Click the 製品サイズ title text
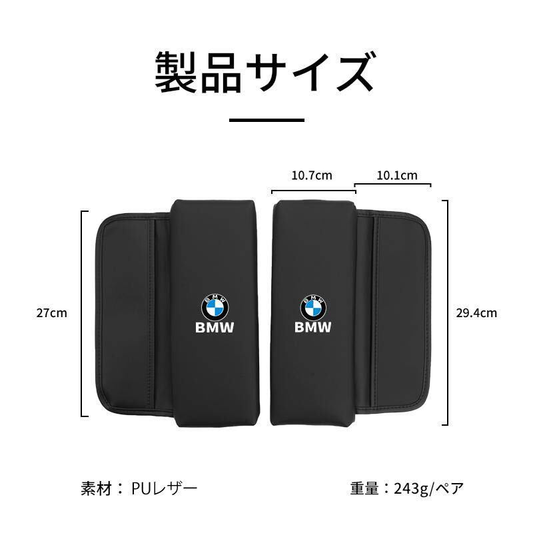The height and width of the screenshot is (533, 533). pyautogui.click(x=266, y=73)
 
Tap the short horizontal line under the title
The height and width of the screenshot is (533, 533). pyautogui.click(x=266, y=120)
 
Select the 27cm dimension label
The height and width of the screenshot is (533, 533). pyautogui.click(x=52, y=312)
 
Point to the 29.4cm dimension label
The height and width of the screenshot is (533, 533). pyautogui.click(x=476, y=312)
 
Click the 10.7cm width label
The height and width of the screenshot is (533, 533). pyautogui.click(x=312, y=175)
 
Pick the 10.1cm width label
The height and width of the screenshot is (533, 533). pyautogui.click(x=397, y=175)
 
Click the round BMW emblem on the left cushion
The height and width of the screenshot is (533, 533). pyautogui.click(x=215, y=307)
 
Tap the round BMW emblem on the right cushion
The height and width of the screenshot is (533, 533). pyautogui.click(x=313, y=308)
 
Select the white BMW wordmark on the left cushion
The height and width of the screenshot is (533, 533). pyautogui.click(x=215, y=328)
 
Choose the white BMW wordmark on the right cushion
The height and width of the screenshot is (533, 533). pyautogui.click(x=312, y=327)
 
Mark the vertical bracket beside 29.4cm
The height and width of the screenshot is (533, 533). pyautogui.click(x=447, y=312)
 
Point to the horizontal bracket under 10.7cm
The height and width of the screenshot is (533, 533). pyautogui.click(x=314, y=191)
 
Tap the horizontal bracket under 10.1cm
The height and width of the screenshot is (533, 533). pyautogui.click(x=392, y=184)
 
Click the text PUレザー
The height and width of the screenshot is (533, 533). pyautogui.click(x=164, y=488)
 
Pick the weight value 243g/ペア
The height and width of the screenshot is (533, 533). pyautogui.click(x=429, y=489)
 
